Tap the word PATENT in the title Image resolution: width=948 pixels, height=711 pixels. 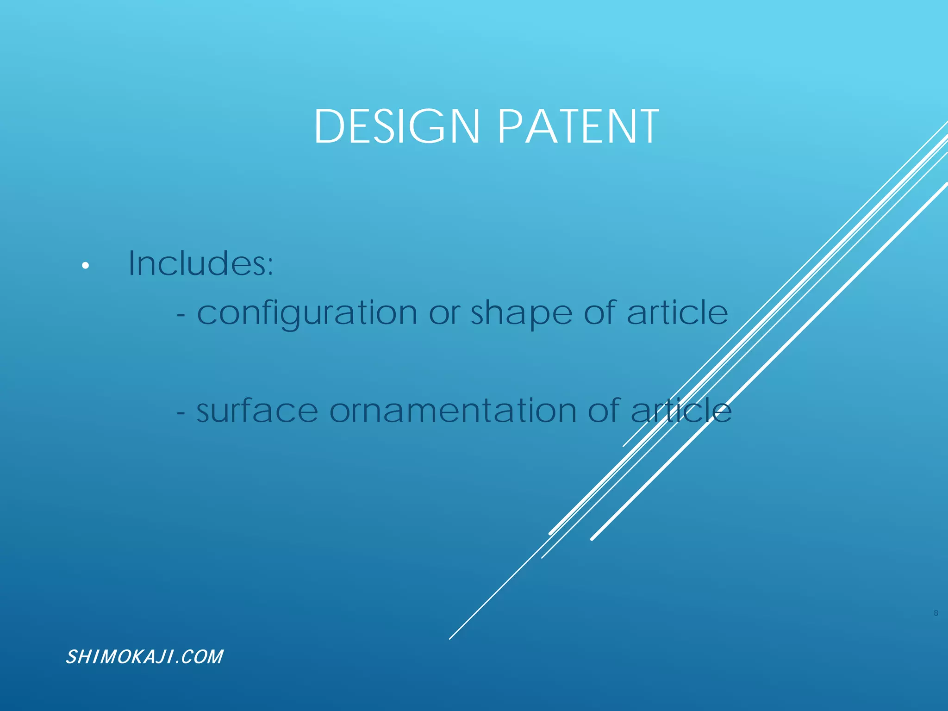[578, 126]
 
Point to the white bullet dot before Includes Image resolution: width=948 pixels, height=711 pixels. [85, 266]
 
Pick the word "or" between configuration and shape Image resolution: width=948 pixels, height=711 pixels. [444, 314]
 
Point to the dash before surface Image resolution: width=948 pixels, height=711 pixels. [181, 413]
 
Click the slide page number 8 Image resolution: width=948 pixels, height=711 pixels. [936, 613]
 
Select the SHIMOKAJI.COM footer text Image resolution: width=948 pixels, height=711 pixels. [144, 657]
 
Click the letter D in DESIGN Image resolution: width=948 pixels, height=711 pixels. [328, 126]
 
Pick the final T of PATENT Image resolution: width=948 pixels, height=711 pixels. [647, 126]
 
